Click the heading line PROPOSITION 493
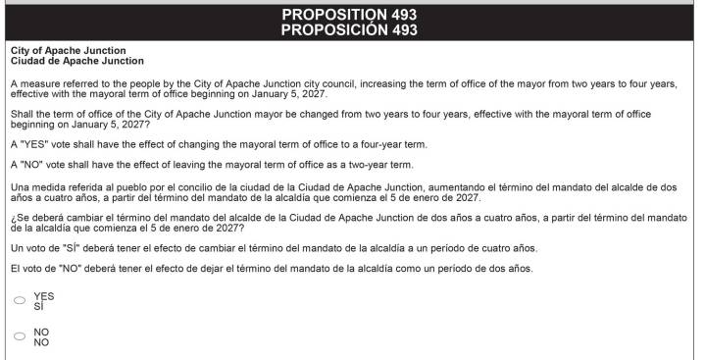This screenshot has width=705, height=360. [349, 14]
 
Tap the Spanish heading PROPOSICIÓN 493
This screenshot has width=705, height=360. [349, 29]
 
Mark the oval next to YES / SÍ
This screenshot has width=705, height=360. [20, 301]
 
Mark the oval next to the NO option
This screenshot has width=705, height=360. [20, 336]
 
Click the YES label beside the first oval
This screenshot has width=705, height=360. [42, 296]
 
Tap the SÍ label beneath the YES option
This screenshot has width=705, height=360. [38, 306]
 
